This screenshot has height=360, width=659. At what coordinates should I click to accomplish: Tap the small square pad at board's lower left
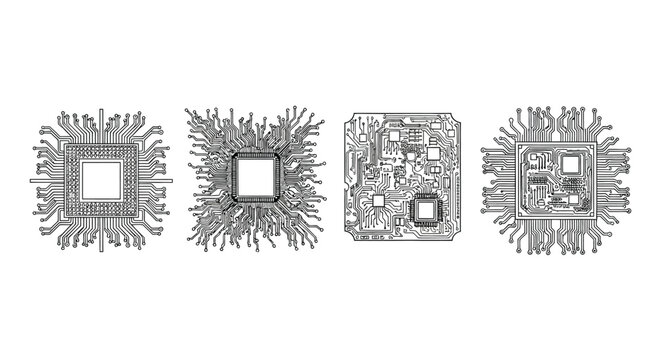tap(379, 202)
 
